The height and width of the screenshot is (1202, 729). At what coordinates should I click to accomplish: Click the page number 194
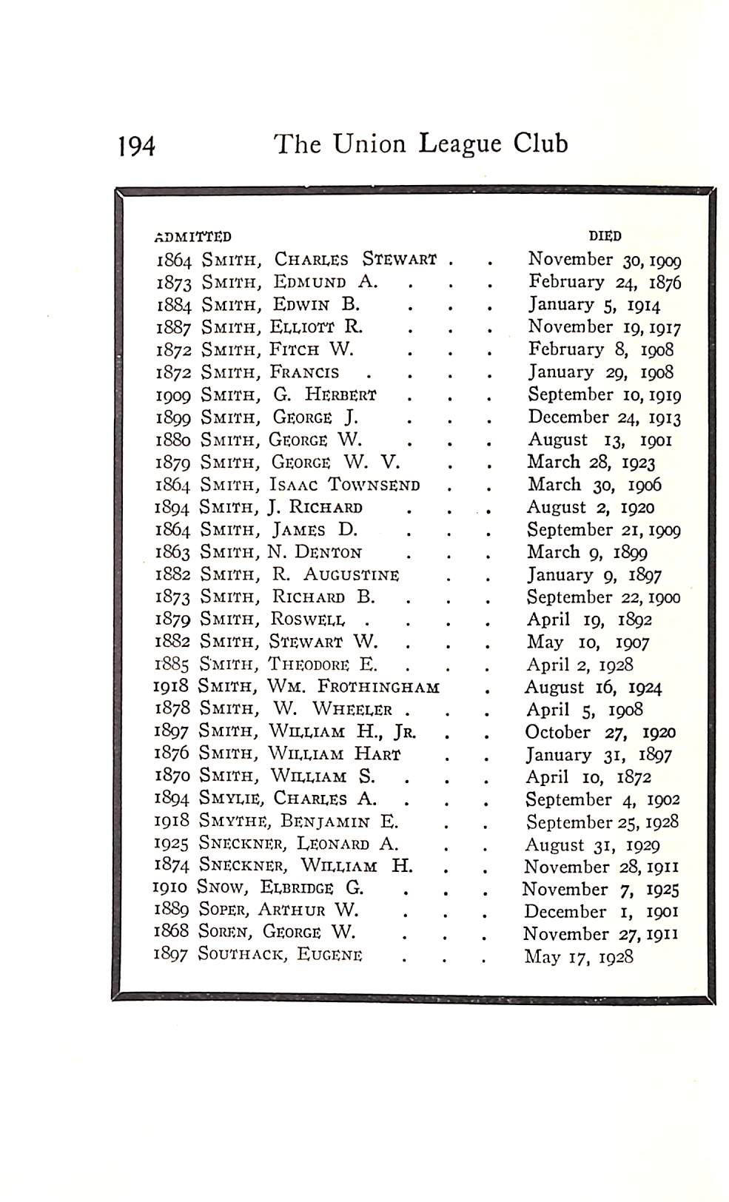point(137,146)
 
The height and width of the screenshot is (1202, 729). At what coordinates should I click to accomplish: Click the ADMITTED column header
point(193,237)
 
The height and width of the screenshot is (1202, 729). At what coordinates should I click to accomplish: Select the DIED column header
point(605,236)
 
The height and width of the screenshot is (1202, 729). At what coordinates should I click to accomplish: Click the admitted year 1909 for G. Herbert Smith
point(173,395)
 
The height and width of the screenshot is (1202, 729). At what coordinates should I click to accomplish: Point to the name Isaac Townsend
point(344,486)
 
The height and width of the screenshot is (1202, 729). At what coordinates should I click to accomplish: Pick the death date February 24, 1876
point(604,282)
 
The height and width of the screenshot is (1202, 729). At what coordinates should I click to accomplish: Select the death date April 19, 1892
point(589,620)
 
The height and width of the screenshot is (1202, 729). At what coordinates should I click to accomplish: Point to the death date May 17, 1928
point(579,957)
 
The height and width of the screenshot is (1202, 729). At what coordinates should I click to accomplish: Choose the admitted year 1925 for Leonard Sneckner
point(172,845)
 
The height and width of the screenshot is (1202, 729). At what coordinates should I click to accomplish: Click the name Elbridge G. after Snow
point(312,888)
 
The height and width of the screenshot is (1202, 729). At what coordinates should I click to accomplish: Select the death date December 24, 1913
point(604,417)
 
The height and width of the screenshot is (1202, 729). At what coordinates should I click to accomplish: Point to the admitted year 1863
point(173,553)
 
